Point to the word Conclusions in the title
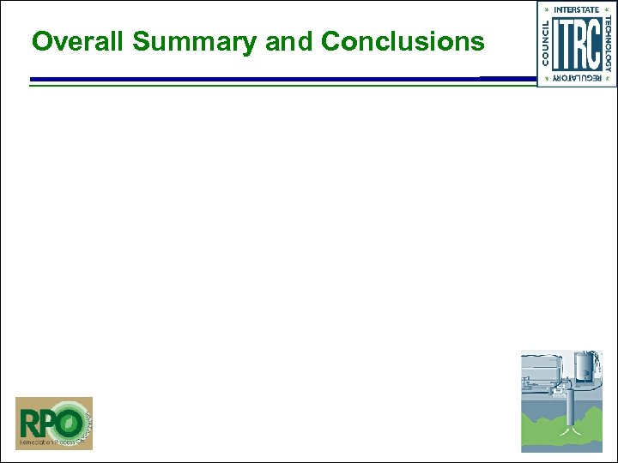click(403, 41)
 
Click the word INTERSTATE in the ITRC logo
click(577, 9)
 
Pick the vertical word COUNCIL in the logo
click(545, 43)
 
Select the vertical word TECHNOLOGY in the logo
click(608, 43)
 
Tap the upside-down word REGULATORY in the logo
click(577, 78)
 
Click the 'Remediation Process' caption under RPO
click(43, 443)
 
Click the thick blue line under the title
click(257, 79)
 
